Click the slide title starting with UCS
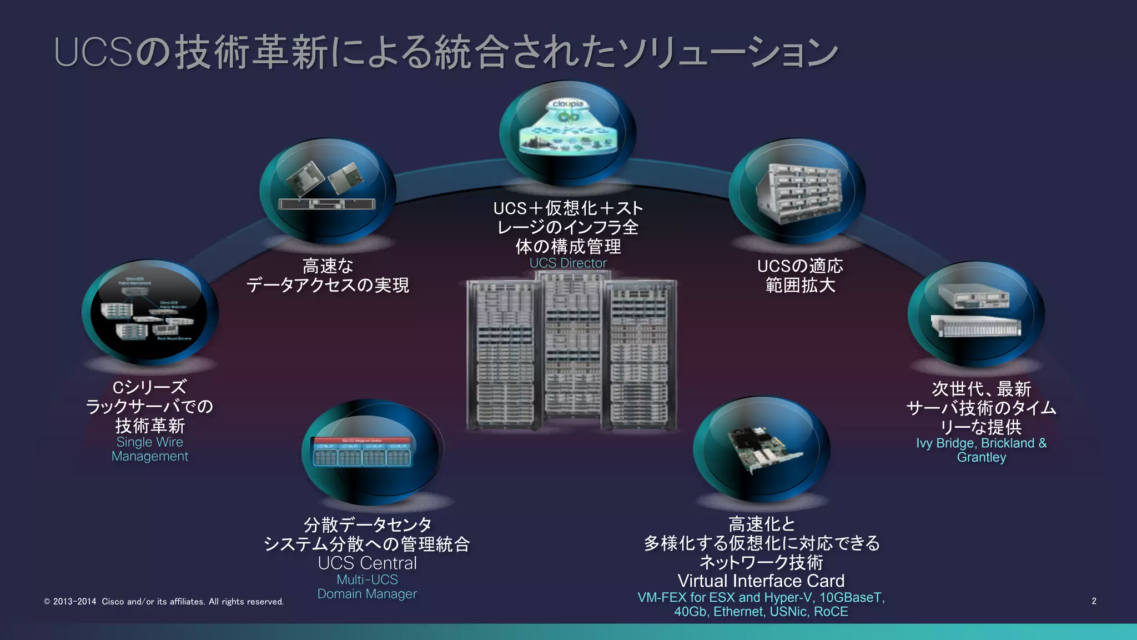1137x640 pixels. [x=444, y=52]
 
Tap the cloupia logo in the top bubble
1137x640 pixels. [x=567, y=104]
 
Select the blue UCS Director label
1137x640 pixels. [x=568, y=263]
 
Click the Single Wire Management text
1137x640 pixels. [x=150, y=449]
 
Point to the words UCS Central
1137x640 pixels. [x=367, y=563]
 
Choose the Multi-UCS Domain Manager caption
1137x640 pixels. [x=367, y=587]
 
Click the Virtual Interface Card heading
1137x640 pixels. [x=761, y=581]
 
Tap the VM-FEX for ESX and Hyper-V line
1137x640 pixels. [x=761, y=598]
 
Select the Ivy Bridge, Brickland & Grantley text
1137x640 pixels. [x=981, y=450]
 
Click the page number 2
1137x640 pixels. [x=1094, y=601]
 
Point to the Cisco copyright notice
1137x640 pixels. [x=164, y=601]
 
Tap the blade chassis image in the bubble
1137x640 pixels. [x=798, y=192]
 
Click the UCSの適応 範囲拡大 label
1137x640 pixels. [x=800, y=276]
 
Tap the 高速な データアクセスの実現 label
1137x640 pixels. [x=328, y=276]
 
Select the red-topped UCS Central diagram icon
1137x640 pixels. [x=363, y=451]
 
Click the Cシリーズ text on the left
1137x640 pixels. [x=149, y=387]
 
